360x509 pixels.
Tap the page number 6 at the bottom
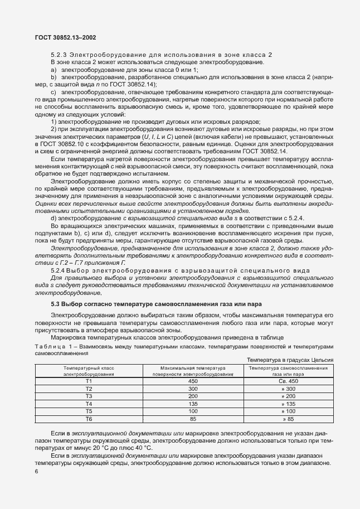pos(36,472)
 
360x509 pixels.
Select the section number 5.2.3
pos(59,54)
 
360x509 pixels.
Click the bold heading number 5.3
pos(57,303)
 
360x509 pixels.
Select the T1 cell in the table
pos(89,381)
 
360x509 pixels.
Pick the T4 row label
pos(89,403)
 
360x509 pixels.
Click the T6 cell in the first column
pos(89,418)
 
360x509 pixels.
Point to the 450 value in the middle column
pos(193,381)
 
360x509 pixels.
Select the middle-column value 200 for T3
pos(193,396)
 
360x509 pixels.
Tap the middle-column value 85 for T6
pos(193,418)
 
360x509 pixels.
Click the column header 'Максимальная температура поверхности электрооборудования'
pos(193,371)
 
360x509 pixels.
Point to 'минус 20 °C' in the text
pos(90,447)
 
